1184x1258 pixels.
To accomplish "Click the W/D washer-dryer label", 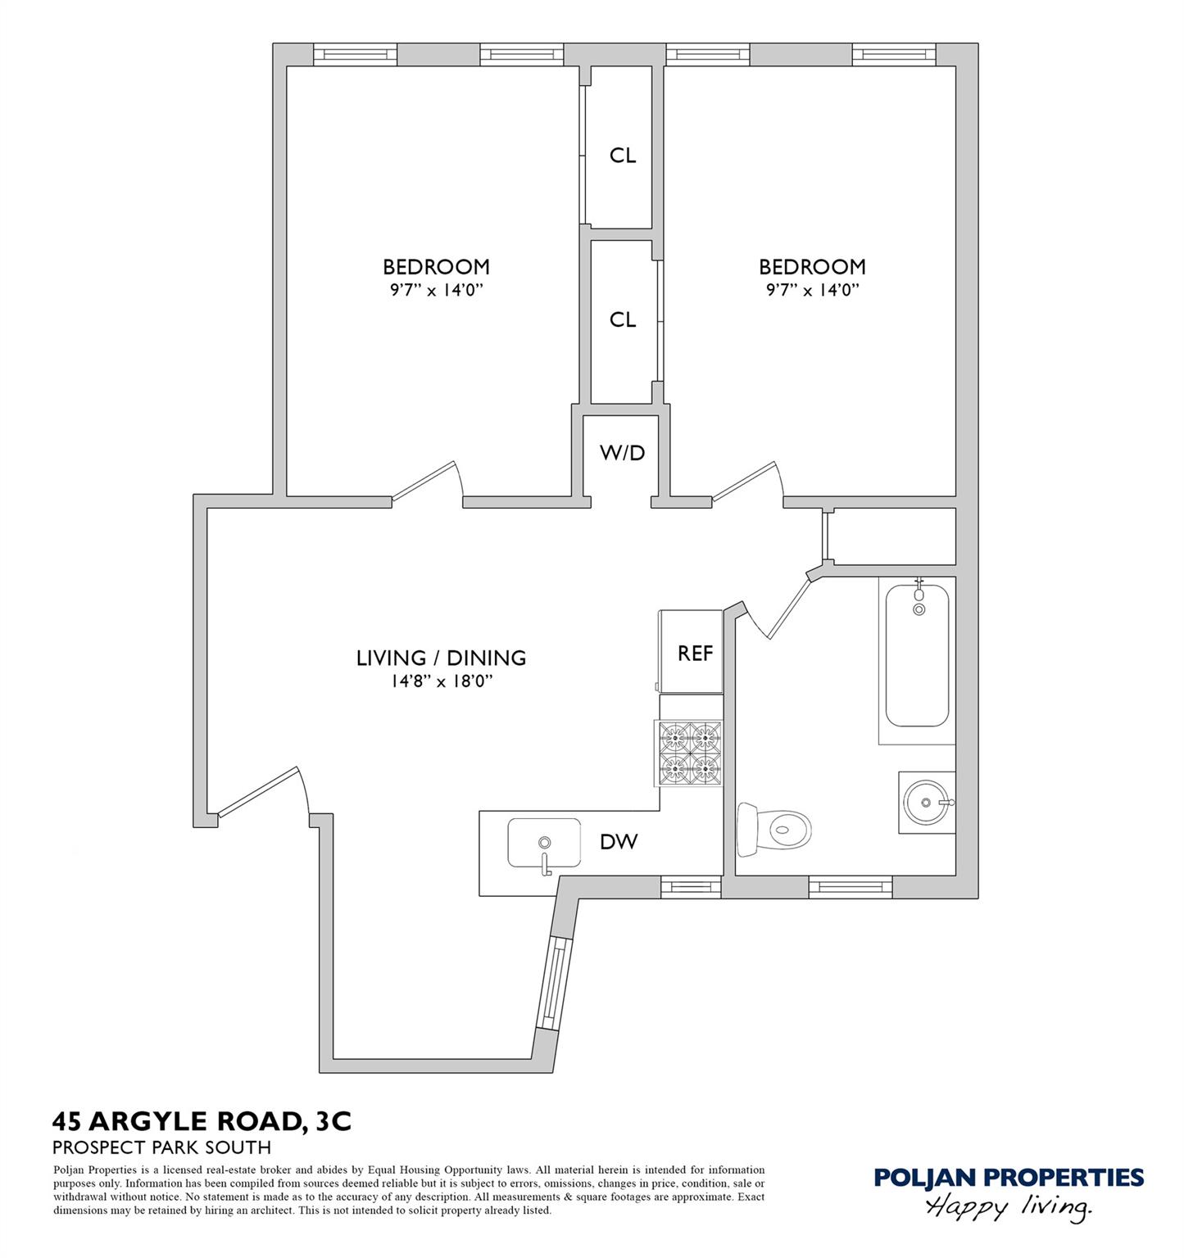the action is click(x=623, y=452).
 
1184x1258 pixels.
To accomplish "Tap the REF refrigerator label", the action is click(x=695, y=654).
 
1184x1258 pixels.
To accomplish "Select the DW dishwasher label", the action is click(x=619, y=841).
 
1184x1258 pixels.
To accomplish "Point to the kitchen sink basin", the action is click(x=544, y=843).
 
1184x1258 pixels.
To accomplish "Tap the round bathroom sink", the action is click(x=927, y=803).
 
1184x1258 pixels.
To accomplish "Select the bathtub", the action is click(x=917, y=660).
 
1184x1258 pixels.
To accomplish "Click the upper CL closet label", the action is click(x=623, y=155).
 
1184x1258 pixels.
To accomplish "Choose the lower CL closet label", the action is click(x=623, y=319).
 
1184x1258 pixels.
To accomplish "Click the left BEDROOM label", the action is click(x=436, y=267).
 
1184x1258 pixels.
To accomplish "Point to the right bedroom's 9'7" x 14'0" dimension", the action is click(x=812, y=289).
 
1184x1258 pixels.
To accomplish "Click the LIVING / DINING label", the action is click(x=441, y=658).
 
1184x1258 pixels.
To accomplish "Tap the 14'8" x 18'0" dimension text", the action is click(x=441, y=681).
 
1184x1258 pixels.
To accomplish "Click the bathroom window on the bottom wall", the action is click(x=851, y=887).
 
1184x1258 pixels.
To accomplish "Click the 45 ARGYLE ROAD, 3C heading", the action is click(x=202, y=1121).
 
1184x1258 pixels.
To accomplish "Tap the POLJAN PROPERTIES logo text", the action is click(x=1009, y=1178).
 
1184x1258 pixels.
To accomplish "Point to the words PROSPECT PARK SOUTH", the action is click(x=162, y=1148).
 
